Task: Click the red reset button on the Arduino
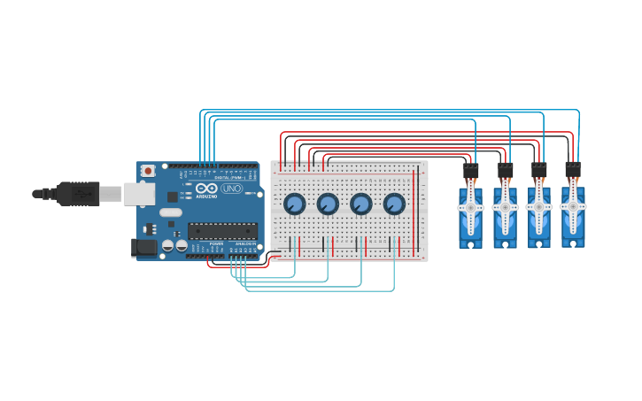point(149,170)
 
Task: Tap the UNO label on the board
point(231,189)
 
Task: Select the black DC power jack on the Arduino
point(143,248)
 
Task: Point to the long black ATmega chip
point(222,231)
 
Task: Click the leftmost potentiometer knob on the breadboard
point(295,204)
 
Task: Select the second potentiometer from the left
point(328,204)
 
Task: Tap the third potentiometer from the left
point(361,204)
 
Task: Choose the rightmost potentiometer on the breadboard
point(394,204)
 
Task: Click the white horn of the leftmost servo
point(470,209)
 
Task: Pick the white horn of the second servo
point(505,208)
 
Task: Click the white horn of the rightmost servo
point(573,205)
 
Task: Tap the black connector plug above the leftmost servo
point(470,171)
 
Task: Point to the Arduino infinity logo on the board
point(206,189)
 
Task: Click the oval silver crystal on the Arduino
point(171,212)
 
